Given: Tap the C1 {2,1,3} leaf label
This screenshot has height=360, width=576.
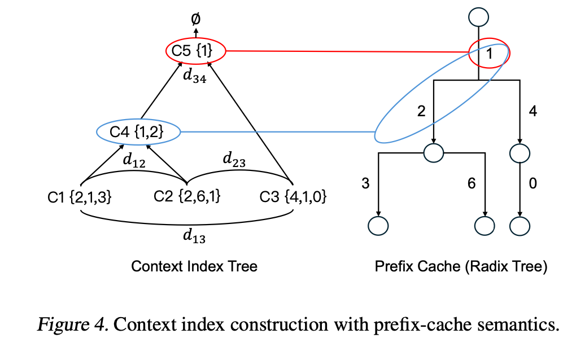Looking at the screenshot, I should [80, 197].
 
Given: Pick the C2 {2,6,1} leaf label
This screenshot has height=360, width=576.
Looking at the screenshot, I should [187, 197].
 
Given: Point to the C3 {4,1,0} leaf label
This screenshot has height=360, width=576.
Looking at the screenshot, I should [293, 197].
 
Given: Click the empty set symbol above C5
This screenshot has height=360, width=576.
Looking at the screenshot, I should [195, 19].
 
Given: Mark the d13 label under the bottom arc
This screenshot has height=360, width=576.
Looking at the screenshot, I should [194, 237].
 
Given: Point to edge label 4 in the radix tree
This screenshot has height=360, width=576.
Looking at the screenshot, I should [533, 111].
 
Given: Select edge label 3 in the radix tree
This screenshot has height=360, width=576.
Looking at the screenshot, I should [365, 183].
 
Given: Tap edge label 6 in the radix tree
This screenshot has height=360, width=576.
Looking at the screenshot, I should [472, 183].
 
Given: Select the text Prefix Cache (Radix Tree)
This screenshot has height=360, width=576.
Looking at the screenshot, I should [461, 266].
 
